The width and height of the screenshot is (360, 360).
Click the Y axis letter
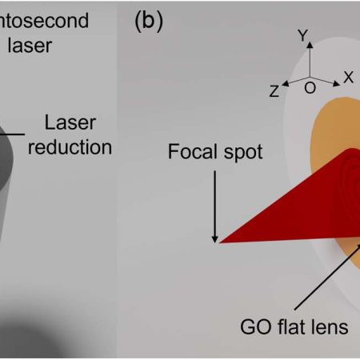tap(302, 36)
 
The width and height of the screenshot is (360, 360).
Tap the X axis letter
tap(348, 77)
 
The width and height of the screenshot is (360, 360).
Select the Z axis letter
tap(274, 91)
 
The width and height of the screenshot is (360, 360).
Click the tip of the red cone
tap(222, 240)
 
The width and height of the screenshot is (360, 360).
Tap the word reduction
tap(70, 147)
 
